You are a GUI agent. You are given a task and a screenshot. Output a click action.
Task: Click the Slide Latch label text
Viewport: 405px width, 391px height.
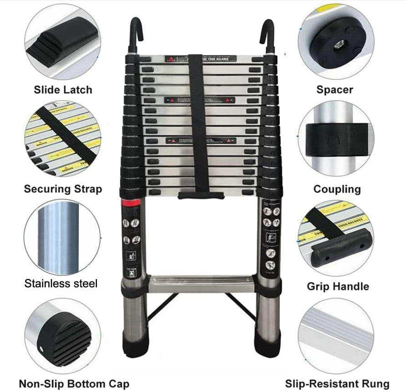coord(63,90)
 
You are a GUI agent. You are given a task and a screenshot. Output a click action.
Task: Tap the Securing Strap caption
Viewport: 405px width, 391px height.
coord(63,189)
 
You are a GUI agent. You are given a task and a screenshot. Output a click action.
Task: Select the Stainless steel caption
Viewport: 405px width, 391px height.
coord(61,284)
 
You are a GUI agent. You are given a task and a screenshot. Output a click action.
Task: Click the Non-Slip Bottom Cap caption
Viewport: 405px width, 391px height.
coord(74,383)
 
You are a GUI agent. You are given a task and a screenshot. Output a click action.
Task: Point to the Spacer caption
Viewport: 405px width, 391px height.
coord(335,90)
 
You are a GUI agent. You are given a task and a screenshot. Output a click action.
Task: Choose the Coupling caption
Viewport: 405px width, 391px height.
coord(337,189)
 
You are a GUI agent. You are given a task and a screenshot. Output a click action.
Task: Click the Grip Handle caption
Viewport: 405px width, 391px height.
coord(338,286)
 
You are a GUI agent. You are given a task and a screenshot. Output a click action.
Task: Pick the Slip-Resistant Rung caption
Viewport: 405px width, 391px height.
coord(337,383)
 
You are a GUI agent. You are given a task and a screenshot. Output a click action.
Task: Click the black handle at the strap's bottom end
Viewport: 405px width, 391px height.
coord(201,195)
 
